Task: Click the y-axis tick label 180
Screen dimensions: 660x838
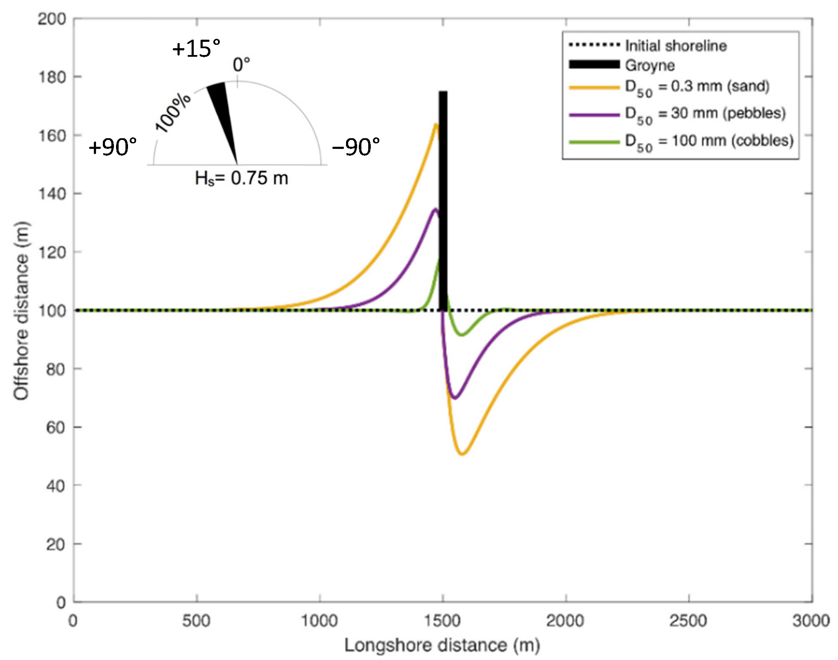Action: coord(52,77)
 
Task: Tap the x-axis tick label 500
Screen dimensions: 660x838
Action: coord(196,620)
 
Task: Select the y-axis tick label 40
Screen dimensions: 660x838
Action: coord(55,486)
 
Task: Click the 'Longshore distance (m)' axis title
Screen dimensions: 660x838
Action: coord(442,645)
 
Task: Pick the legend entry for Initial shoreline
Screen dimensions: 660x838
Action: coord(676,45)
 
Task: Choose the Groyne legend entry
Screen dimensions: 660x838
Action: coord(650,65)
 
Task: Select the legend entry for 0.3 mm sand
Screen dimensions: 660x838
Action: coord(697,87)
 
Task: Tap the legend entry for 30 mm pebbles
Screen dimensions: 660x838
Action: coord(705,113)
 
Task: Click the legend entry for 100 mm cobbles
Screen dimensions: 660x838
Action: coord(709,141)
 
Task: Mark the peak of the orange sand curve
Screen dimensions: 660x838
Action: coord(436,125)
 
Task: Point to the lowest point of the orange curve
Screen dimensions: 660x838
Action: coord(462,454)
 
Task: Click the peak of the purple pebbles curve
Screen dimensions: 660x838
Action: coord(435,209)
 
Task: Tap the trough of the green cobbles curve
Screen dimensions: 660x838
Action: coord(462,335)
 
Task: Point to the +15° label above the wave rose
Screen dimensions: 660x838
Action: coord(196,49)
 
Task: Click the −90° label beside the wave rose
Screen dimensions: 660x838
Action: coord(356,147)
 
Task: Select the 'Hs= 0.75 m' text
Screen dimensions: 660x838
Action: coord(242,178)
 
